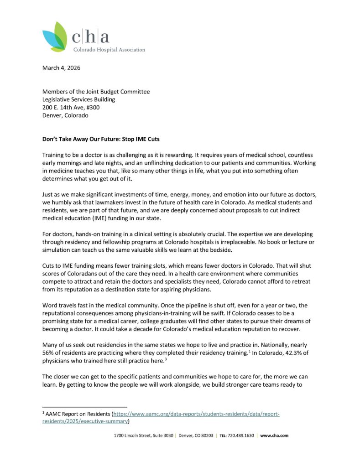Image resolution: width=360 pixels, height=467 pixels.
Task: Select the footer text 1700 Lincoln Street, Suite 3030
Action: pos(143,436)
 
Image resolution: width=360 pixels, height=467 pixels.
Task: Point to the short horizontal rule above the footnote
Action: pos(84,407)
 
